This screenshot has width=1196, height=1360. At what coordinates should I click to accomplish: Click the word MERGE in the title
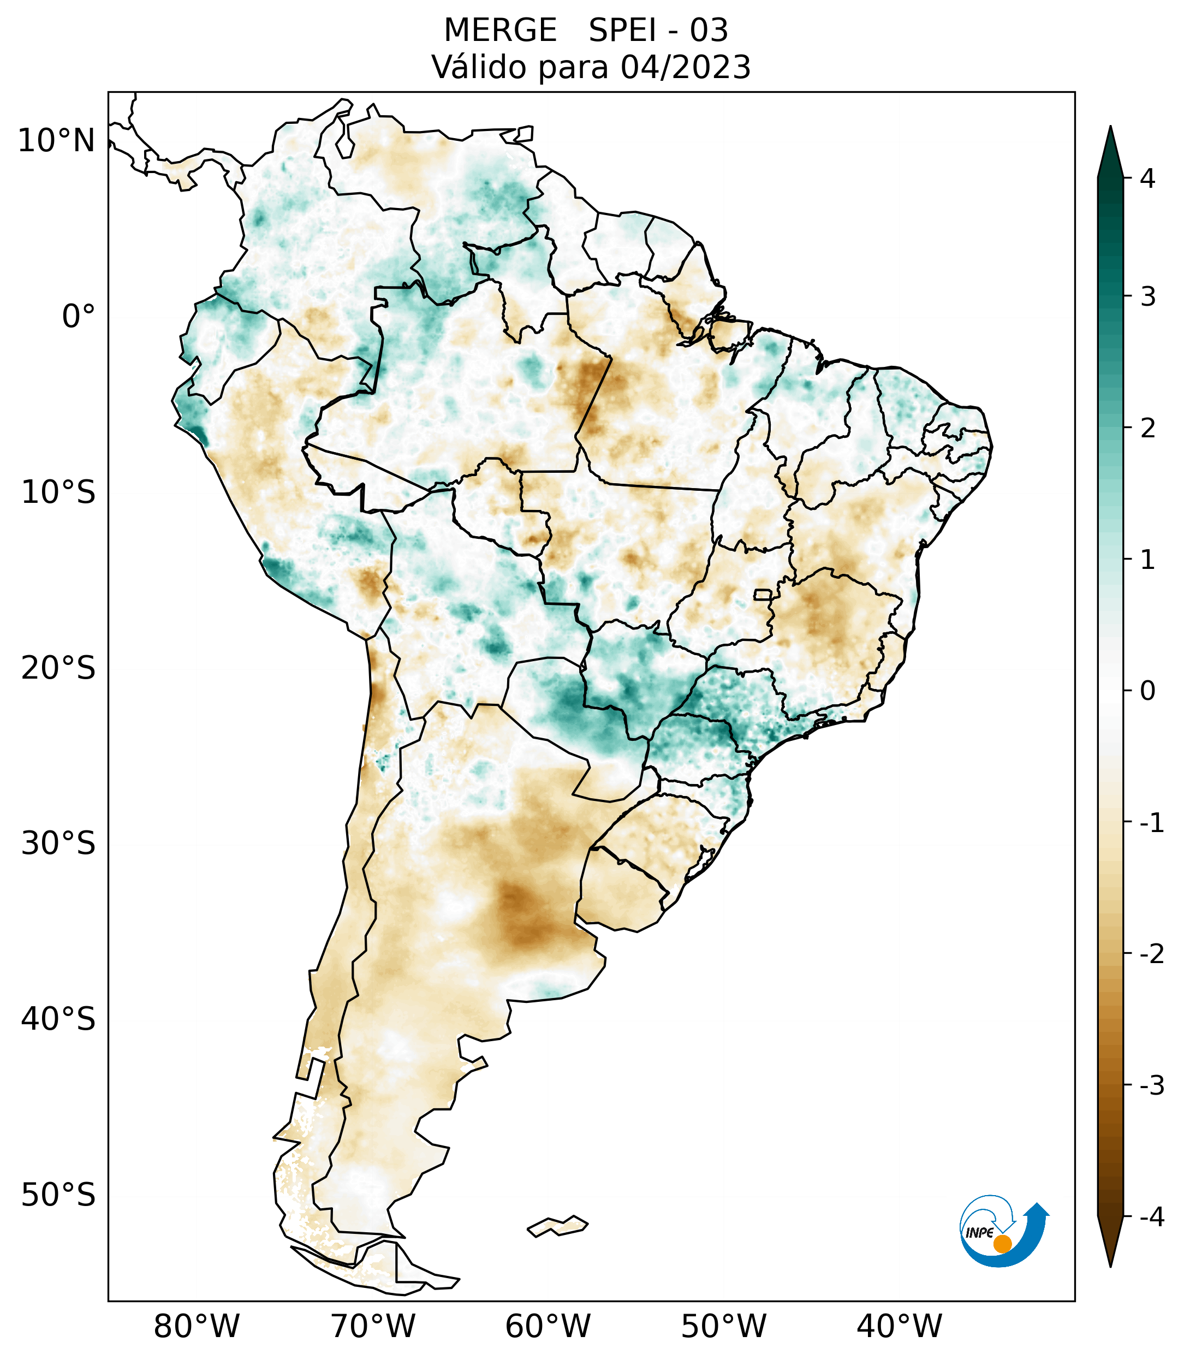[499, 31]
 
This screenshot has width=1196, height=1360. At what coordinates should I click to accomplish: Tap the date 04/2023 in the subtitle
[685, 67]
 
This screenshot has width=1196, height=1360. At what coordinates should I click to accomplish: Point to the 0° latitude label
[79, 317]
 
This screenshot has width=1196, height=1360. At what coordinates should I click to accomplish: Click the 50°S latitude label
[58, 1195]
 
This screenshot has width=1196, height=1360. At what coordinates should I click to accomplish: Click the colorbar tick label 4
[1147, 179]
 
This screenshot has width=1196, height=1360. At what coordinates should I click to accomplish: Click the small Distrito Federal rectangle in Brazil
[762, 594]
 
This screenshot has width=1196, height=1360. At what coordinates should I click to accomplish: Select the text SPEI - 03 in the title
[658, 31]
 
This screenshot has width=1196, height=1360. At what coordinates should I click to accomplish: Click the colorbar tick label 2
[1147, 429]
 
